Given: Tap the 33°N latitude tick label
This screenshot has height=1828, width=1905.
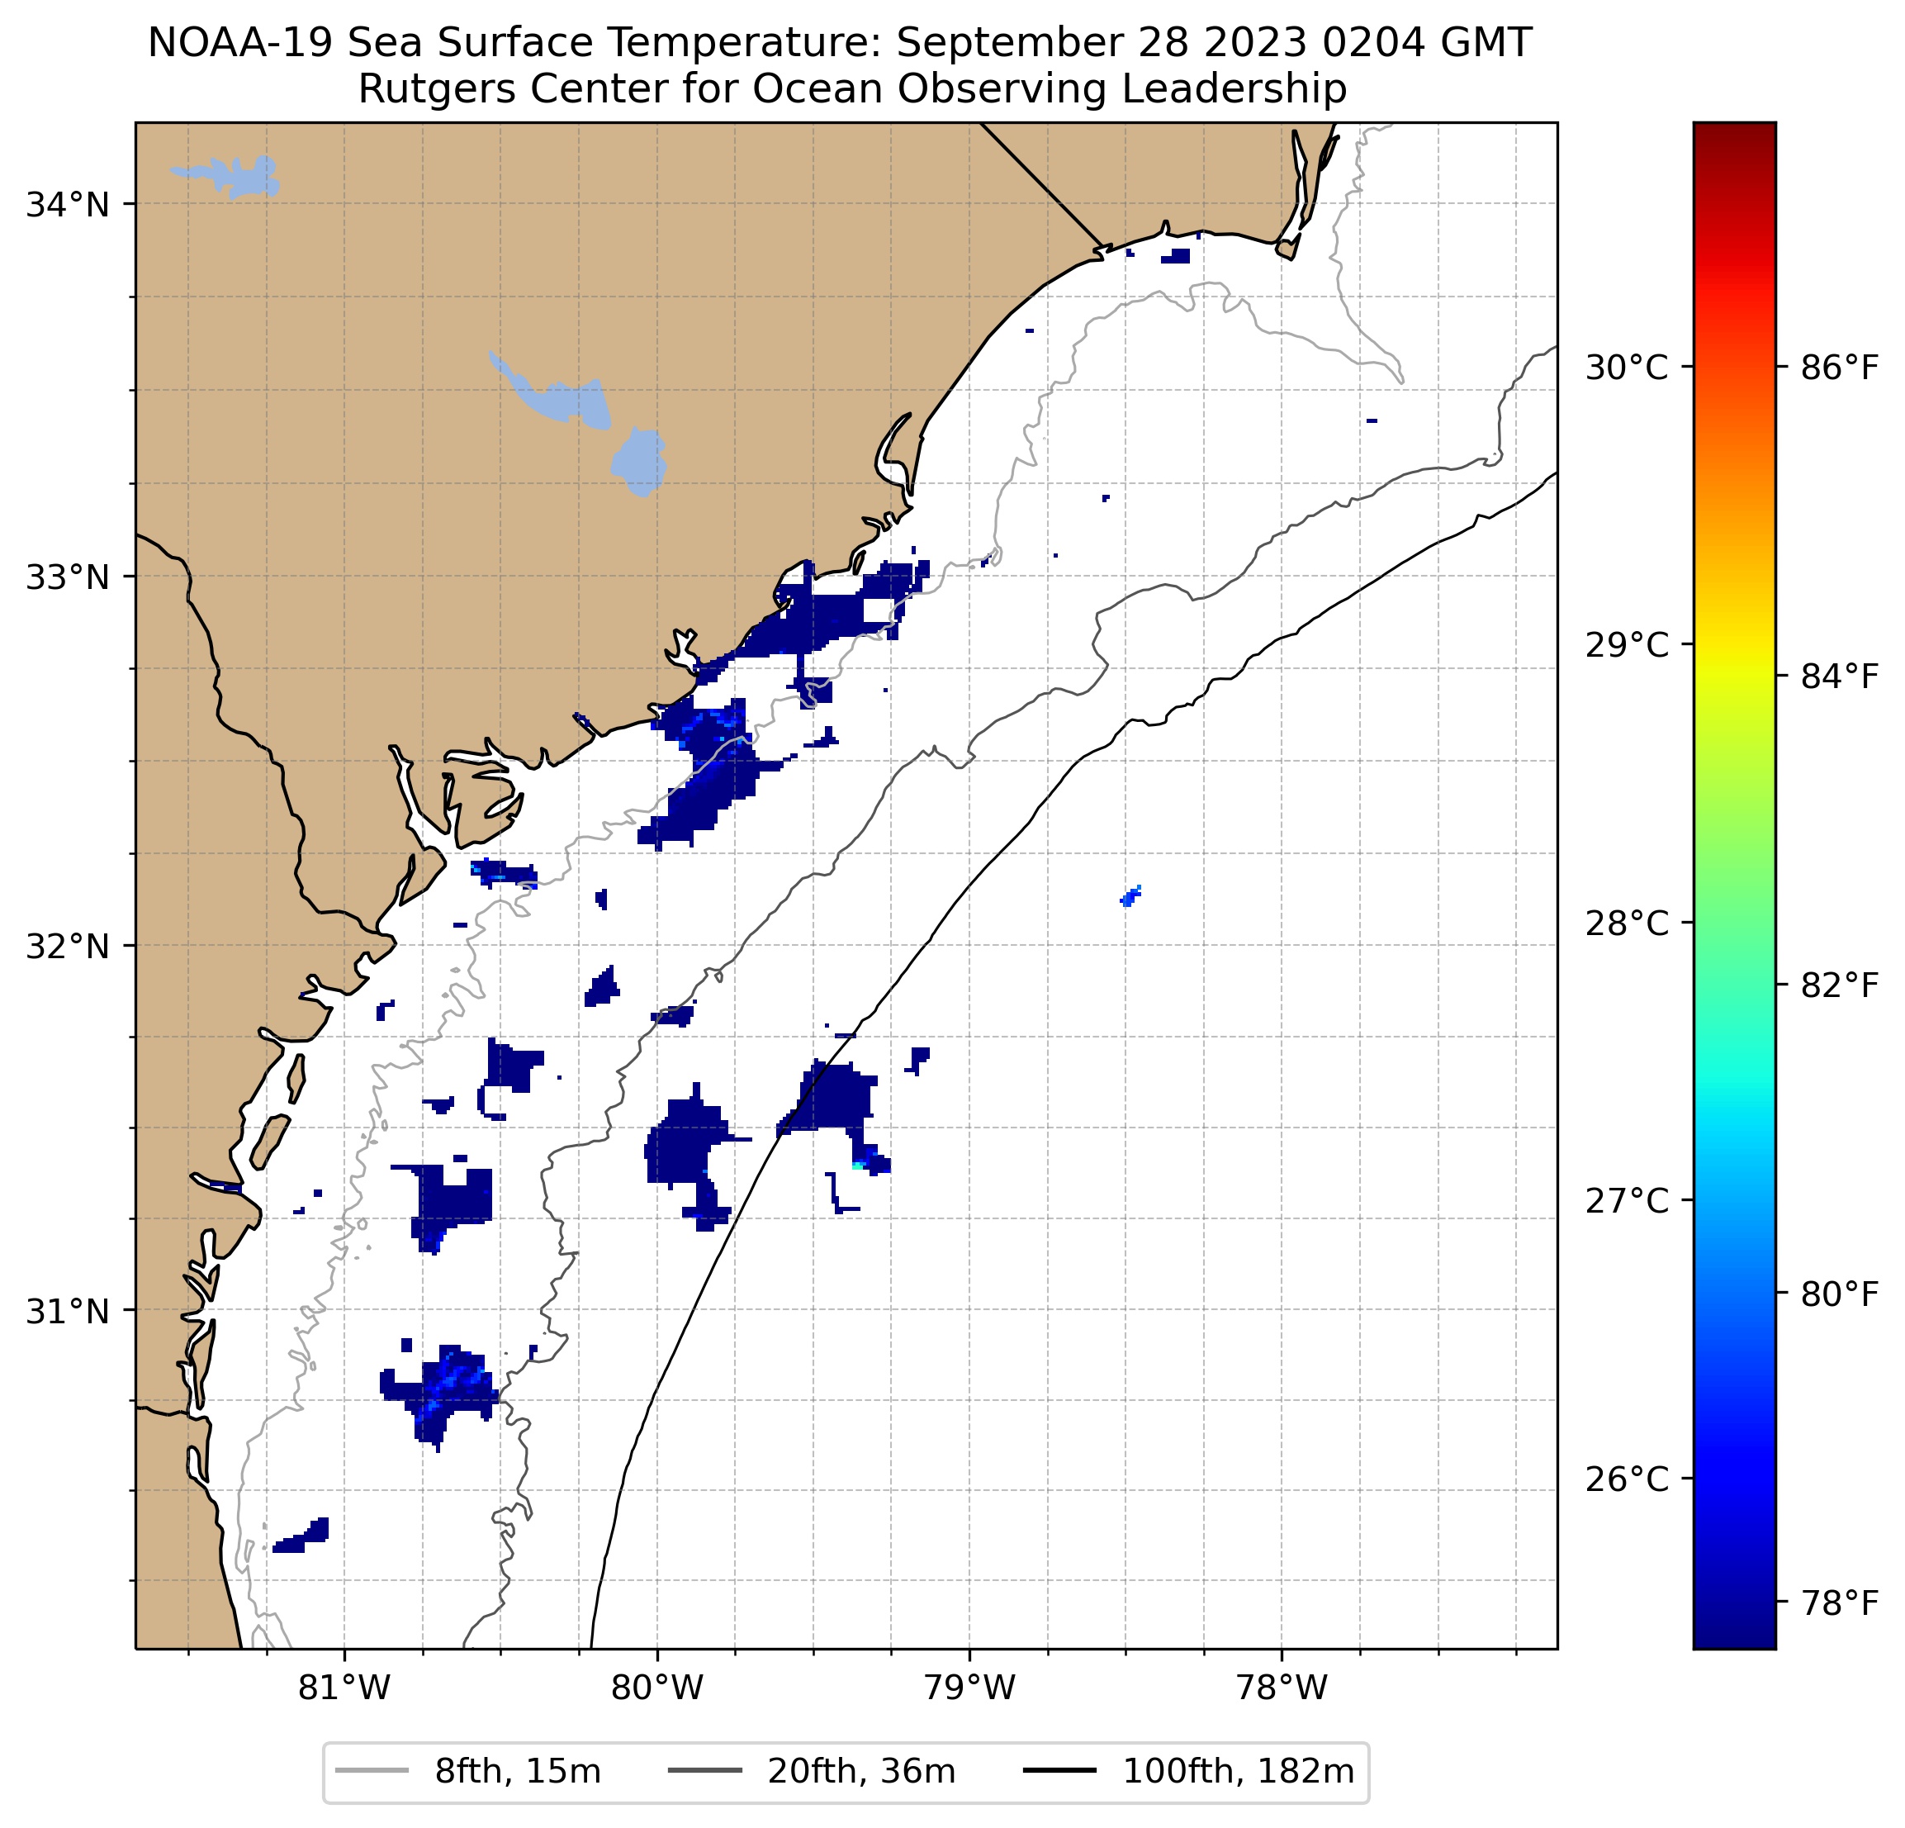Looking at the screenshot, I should pyautogui.click(x=67, y=577).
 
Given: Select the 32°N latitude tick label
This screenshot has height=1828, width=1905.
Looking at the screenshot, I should pyautogui.click(x=67, y=945).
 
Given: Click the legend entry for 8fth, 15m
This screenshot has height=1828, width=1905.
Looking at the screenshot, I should pyautogui.click(x=517, y=1772).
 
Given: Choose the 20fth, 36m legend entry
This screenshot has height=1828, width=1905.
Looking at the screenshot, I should pyautogui.click(x=861, y=1772).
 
